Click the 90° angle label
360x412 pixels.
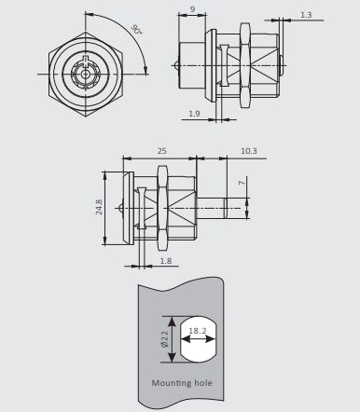(x=136, y=29)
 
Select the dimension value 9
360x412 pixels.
(x=192, y=9)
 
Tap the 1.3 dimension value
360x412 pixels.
(x=306, y=15)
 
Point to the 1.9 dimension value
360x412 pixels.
(x=194, y=114)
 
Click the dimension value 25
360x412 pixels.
(x=161, y=151)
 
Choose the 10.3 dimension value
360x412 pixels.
(x=249, y=151)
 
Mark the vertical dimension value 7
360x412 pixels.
(x=242, y=183)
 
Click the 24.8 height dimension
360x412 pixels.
(x=99, y=207)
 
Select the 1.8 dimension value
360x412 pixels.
(x=166, y=261)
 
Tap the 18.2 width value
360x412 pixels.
(x=198, y=331)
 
